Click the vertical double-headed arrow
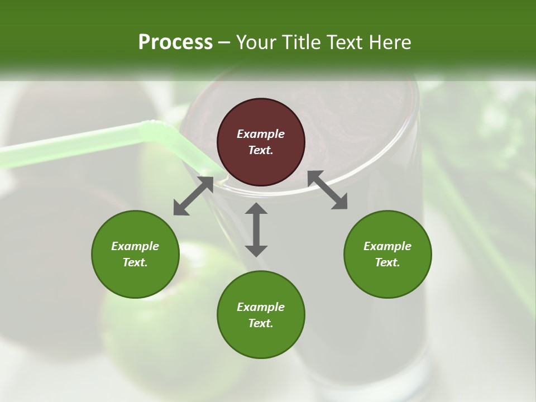tap(256, 229)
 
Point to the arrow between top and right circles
tap(327, 190)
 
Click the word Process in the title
tap(175, 42)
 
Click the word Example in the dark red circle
tap(261, 134)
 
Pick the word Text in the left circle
tap(135, 262)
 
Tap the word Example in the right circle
tap(387, 246)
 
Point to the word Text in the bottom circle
tap(261, 323)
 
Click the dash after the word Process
tap(224, 42)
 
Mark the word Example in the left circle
tap(135, 246)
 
